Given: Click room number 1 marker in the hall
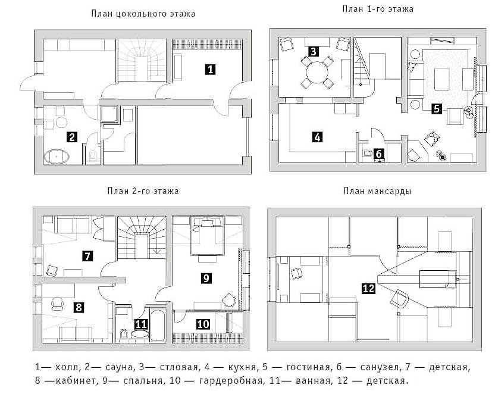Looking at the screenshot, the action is pos(210,69).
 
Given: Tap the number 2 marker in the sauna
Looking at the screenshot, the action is pos(73,137).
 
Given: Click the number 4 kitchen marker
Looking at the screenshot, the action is pos(317,137).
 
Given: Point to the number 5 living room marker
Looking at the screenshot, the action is pos(437,109).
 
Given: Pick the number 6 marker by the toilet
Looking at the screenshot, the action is pos(379,154).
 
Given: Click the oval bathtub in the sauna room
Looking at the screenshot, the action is pos(57,157).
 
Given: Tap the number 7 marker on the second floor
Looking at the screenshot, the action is pos(87,256).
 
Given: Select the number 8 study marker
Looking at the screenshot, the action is pos(79,307).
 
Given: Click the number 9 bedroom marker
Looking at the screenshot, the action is pos(206,278).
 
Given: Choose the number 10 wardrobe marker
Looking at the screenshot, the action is pos(203,324).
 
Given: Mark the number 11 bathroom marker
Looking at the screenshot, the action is pos(141,324).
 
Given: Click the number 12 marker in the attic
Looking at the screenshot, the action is pos(369,288).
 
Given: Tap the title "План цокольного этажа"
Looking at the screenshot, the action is pos(143,14).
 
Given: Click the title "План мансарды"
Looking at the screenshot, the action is pos(377,191).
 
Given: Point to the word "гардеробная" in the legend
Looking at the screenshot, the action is pos(231,380).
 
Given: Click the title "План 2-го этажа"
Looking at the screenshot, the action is pos(143,191).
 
